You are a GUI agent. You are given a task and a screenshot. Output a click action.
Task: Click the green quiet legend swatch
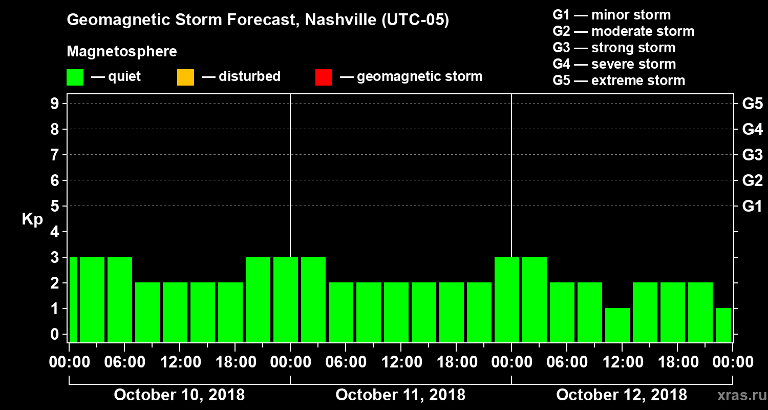coord(75,77)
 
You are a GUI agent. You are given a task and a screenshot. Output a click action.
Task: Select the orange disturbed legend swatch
coord(185,77)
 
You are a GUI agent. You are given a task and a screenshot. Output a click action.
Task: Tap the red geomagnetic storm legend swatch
coord(324,77)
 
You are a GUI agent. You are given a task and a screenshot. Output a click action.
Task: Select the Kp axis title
coord(32,219)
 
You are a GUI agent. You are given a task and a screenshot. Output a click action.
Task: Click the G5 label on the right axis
coord(752,104)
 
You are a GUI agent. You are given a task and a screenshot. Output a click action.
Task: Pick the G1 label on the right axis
coord(752,207)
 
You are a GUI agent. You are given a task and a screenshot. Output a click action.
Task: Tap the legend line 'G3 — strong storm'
coord(614,48)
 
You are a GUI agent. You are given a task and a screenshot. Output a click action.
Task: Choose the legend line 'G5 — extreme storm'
coord(618,80)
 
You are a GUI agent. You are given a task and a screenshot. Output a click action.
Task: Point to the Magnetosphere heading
coord(122,52)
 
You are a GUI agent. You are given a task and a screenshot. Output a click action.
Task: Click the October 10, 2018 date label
coord(179,395)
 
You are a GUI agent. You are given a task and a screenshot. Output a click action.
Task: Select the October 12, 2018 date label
coord(622,395)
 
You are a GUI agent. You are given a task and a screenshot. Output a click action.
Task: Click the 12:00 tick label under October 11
coord(401,362)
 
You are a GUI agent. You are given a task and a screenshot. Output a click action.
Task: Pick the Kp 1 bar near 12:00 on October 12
coord(617,325)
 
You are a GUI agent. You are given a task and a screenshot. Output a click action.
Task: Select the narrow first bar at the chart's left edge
coord(73,299)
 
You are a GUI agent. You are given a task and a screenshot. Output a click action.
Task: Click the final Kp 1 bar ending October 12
coord(723,325)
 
